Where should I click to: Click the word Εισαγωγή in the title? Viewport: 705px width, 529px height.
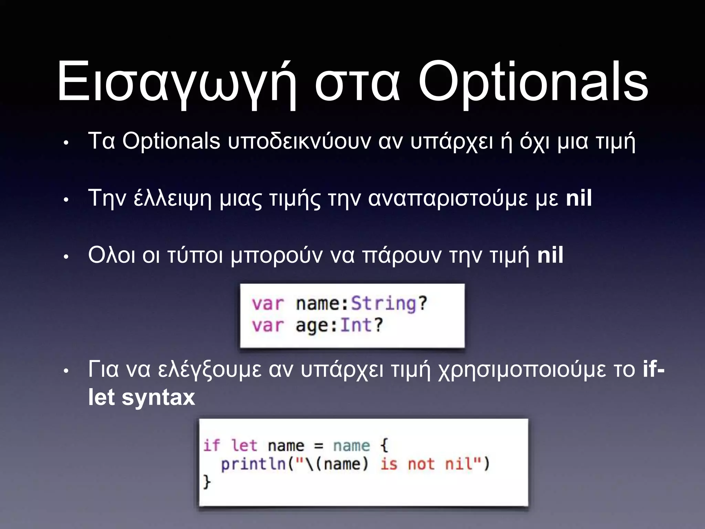coord(177,83)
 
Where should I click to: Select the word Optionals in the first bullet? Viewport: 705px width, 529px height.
coord(171,141)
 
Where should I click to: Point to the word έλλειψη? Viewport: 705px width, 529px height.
coord(172,199)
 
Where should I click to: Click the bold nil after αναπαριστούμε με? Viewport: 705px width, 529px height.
coord(579,198)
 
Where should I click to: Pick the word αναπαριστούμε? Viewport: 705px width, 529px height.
coord(448,199)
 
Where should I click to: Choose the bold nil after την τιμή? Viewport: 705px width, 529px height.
coord(550,255)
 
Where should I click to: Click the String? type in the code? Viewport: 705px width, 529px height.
coord(389,304)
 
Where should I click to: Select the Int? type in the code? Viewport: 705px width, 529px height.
coord(361,325)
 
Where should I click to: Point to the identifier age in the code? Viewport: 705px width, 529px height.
coord(312,326)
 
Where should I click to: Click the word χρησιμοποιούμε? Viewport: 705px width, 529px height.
coord(537,370)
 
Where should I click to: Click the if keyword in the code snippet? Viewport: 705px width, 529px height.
coord(211,445)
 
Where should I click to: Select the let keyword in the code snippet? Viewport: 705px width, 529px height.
coord(244,446)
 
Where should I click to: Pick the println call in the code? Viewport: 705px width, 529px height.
coord(253,464)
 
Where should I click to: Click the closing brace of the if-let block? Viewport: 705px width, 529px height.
coord(207,481)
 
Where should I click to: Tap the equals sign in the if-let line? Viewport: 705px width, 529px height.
coord(319,446)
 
